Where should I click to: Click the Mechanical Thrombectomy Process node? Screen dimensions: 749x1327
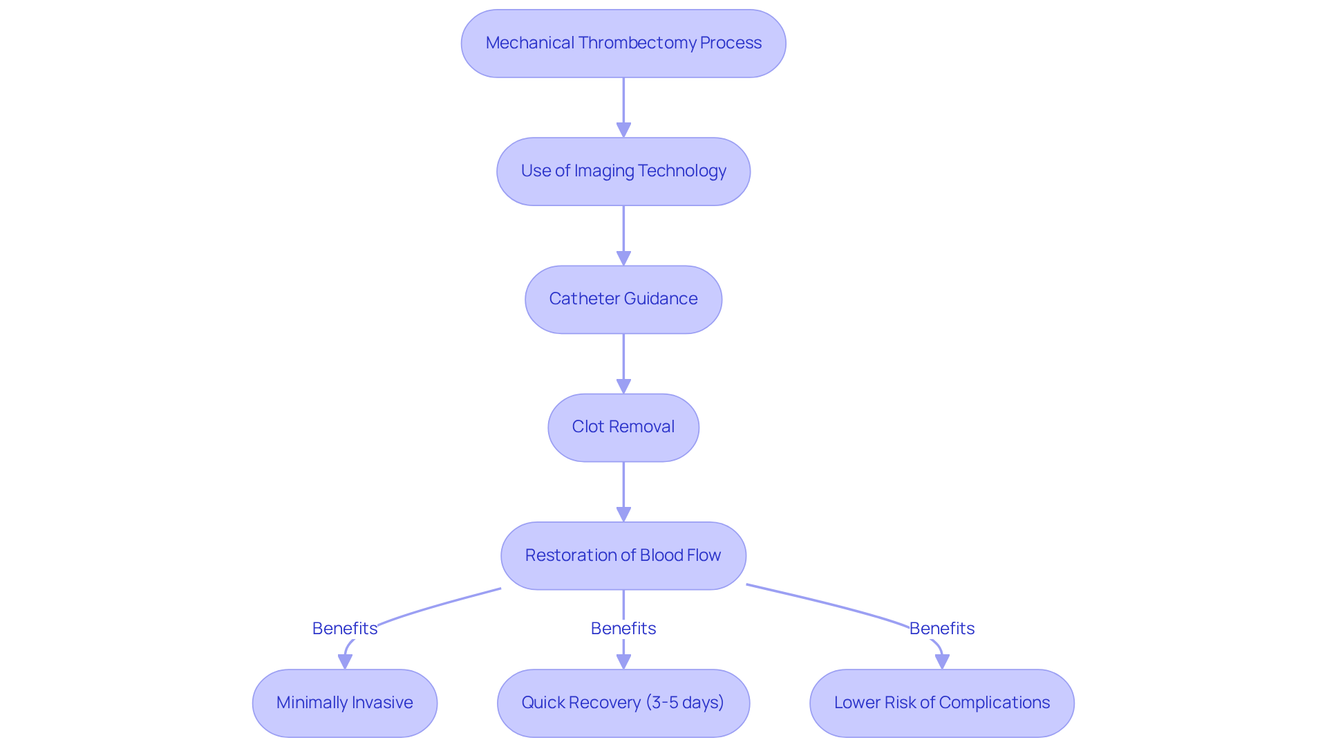[623, 44]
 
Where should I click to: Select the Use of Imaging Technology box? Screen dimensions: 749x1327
[623, 172]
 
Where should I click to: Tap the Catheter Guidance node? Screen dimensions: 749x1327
[623, 299]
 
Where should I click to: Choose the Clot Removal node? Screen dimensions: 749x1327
[623, 427]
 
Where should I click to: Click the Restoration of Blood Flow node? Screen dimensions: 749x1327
[623, 555]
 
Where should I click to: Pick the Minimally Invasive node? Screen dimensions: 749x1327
[344, 703]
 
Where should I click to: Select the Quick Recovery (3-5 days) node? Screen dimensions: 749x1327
[623, 703]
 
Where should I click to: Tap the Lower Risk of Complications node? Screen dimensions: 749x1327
[941, 703]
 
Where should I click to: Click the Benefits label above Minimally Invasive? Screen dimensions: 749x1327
[344, 628]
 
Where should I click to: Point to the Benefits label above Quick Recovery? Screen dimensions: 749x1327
[623, 628]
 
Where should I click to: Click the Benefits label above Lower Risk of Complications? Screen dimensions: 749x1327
[941, 628]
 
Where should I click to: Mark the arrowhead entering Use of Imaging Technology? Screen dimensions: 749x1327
[623, 130]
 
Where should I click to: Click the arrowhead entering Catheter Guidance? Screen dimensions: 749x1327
[623, 258]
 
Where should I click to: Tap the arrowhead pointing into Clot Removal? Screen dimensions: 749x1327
[623, 386]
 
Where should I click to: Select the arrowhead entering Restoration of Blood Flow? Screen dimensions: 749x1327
[623, 514]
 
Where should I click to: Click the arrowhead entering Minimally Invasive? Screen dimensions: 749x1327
[345, 661]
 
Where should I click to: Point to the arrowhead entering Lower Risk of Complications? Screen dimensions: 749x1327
[941, 661]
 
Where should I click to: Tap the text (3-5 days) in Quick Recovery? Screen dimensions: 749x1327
[685, 703]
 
